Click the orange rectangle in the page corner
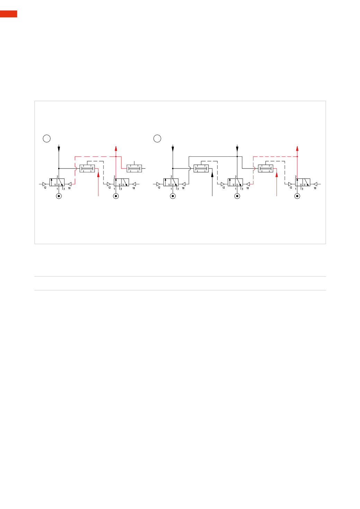(8, 14)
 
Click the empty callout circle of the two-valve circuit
(47, 138)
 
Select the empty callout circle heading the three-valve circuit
(157, 138)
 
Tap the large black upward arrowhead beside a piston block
(212, 174)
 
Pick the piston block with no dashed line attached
(134, 169)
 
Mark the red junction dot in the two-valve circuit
(116, 156)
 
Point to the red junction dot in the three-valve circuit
(297, 156)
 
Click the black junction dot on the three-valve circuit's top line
(237, 156)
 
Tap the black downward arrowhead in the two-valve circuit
(59, 149)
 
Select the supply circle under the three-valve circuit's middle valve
(237, 196)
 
